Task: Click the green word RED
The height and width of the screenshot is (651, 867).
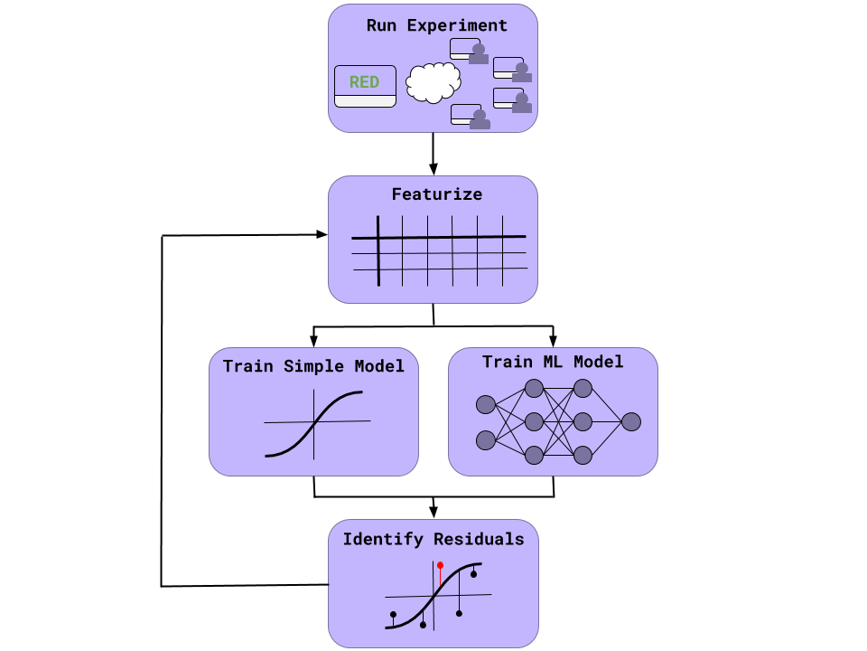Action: pyautogui.click(x=364, y=82)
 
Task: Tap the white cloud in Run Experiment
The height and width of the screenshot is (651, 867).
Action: pyautogui.click(x=433, y=82)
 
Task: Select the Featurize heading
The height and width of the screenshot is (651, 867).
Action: pyautogui.click(x=436, y=194)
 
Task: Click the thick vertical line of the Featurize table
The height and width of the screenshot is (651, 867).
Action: pyautogui.click(x=378, y=250)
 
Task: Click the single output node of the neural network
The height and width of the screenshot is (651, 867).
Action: pyautogui.click(x=631, y=421)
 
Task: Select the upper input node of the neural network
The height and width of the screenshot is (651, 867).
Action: pyautogui.click(x=486, y=404)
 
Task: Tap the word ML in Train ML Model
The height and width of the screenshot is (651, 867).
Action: pyautogui.click(x=552, y=362)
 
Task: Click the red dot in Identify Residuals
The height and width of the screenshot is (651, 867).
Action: pyautogui.click(x=440, y=565)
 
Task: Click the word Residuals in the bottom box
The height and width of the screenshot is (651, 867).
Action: pyautogui.click(x=479, y=539)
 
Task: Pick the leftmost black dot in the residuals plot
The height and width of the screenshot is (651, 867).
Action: pyautogui.click(x=393, y=615)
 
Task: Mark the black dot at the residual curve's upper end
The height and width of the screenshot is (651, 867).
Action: pyautogui.click(x=473, y=574)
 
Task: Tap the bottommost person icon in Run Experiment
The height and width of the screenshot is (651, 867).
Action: pyautogui.click(x=480, y=119)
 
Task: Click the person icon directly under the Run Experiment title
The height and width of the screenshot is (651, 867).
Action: pyautogui.click(x=479, y=53)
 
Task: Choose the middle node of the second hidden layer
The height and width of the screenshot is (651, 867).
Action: pyautogui.click(x=583, y=421)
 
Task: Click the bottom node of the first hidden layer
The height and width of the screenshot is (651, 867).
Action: pyautogui.click(x=534, y=455)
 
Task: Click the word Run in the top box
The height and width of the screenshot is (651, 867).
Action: pyautogui.click(x=382, y=25)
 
